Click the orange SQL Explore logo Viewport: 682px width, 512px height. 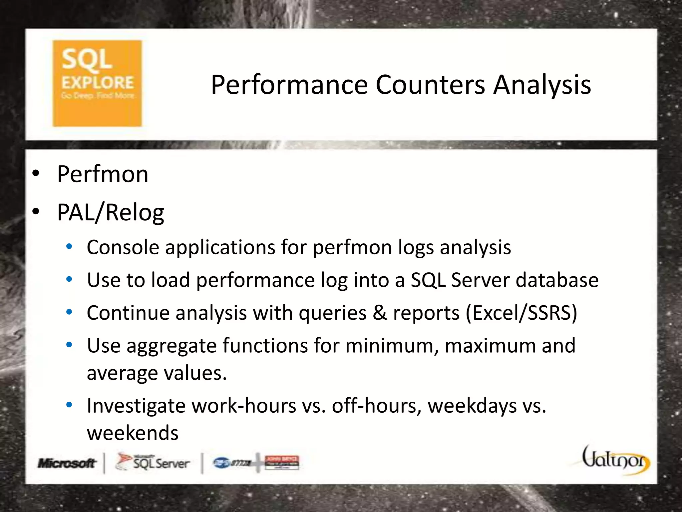pyautogui.click(x=97, y=83)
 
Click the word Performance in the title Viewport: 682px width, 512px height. pyautogui.click(x=289, y=85)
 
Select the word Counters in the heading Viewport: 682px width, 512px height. pyautogui.click(x=430, y=85)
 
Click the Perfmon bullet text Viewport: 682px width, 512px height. pyautogui.click(x=103, y=174)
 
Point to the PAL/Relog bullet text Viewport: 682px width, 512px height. pyautogui.click(x=111, y=213)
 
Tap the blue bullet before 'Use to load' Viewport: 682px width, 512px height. pyautogui.click(x=69, y=279)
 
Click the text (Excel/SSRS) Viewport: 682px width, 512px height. pyautogui.click(x=521, y=313)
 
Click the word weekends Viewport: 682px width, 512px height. pyautogui.click(x=133, y=433)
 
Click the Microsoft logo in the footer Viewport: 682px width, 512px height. pyautogui.click(x=67, y=463)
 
